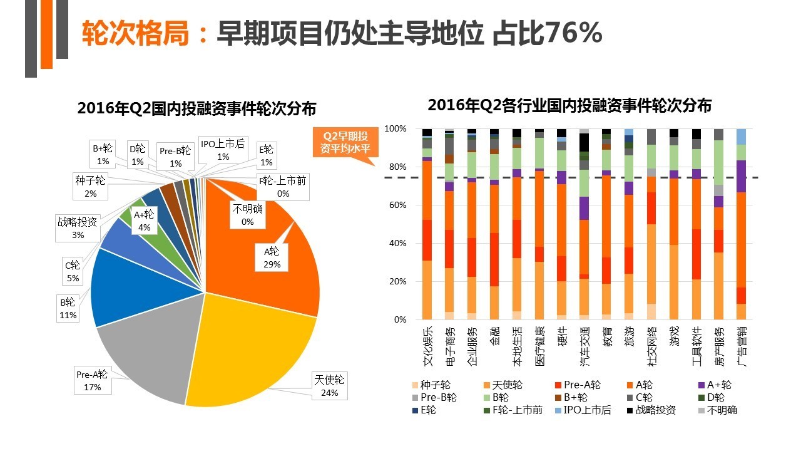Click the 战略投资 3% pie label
[78, 227]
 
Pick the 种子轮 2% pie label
[91, 187]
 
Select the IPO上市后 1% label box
[223, 150]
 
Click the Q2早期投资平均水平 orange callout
[345, 143]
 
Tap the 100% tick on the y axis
[395, 129]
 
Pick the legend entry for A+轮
[713, 385]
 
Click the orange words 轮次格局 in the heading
[135, 33]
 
